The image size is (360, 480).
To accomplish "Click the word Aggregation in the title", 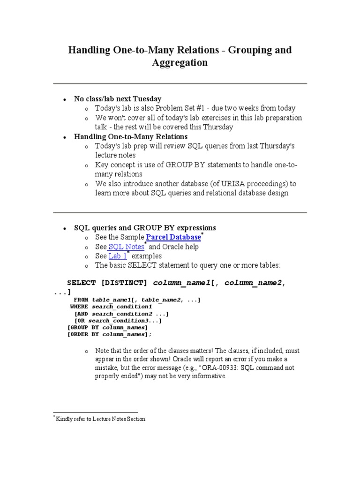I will [180, 63].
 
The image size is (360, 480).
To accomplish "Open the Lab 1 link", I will [117, 256].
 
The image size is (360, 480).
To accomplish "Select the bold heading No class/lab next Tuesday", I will [118, 99].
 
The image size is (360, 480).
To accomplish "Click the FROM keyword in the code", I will [81, 300].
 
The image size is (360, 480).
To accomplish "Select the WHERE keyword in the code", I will [79, 307].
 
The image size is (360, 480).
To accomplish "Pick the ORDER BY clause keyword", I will [84, 335].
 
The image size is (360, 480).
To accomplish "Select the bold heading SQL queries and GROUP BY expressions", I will [145, 228].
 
